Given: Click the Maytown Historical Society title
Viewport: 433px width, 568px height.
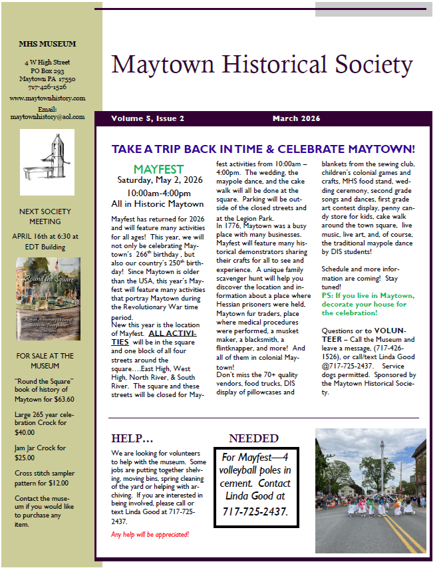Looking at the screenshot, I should point(262,65).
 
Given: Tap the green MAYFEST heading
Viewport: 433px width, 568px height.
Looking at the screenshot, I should point(158,170).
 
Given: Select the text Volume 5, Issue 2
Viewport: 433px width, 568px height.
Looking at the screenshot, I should point(148,118).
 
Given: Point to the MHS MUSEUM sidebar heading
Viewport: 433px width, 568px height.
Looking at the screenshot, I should point(47,44).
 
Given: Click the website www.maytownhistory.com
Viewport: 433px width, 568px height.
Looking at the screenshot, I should point(47,98).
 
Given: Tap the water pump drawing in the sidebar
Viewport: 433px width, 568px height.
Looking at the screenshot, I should point(47,162).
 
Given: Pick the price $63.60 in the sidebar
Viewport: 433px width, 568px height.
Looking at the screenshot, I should point(63,399).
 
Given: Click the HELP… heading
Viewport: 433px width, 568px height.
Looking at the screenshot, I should point(132,438).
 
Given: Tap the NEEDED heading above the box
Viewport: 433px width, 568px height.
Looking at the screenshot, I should point(253,438).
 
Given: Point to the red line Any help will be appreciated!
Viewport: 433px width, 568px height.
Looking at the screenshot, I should point(150,534).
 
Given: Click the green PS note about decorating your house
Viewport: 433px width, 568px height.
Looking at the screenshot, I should point(368,304).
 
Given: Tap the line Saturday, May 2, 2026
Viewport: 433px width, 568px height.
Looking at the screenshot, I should point(158,180).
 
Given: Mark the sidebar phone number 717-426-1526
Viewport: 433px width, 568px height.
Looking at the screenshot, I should point(47,86).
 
